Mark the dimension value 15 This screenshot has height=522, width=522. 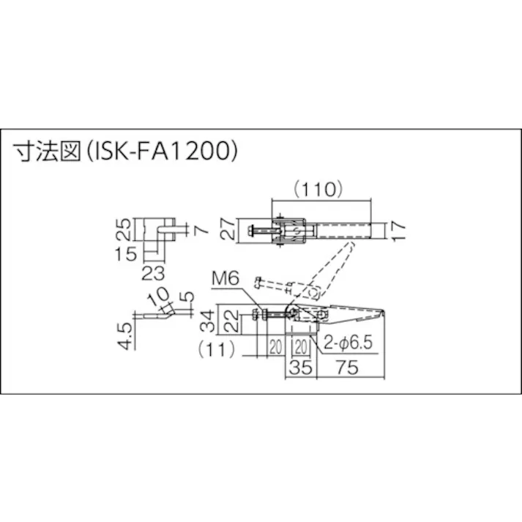point(127,254)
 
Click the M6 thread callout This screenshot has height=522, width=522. point(226,279)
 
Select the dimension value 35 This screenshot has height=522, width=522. point(299,369)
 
